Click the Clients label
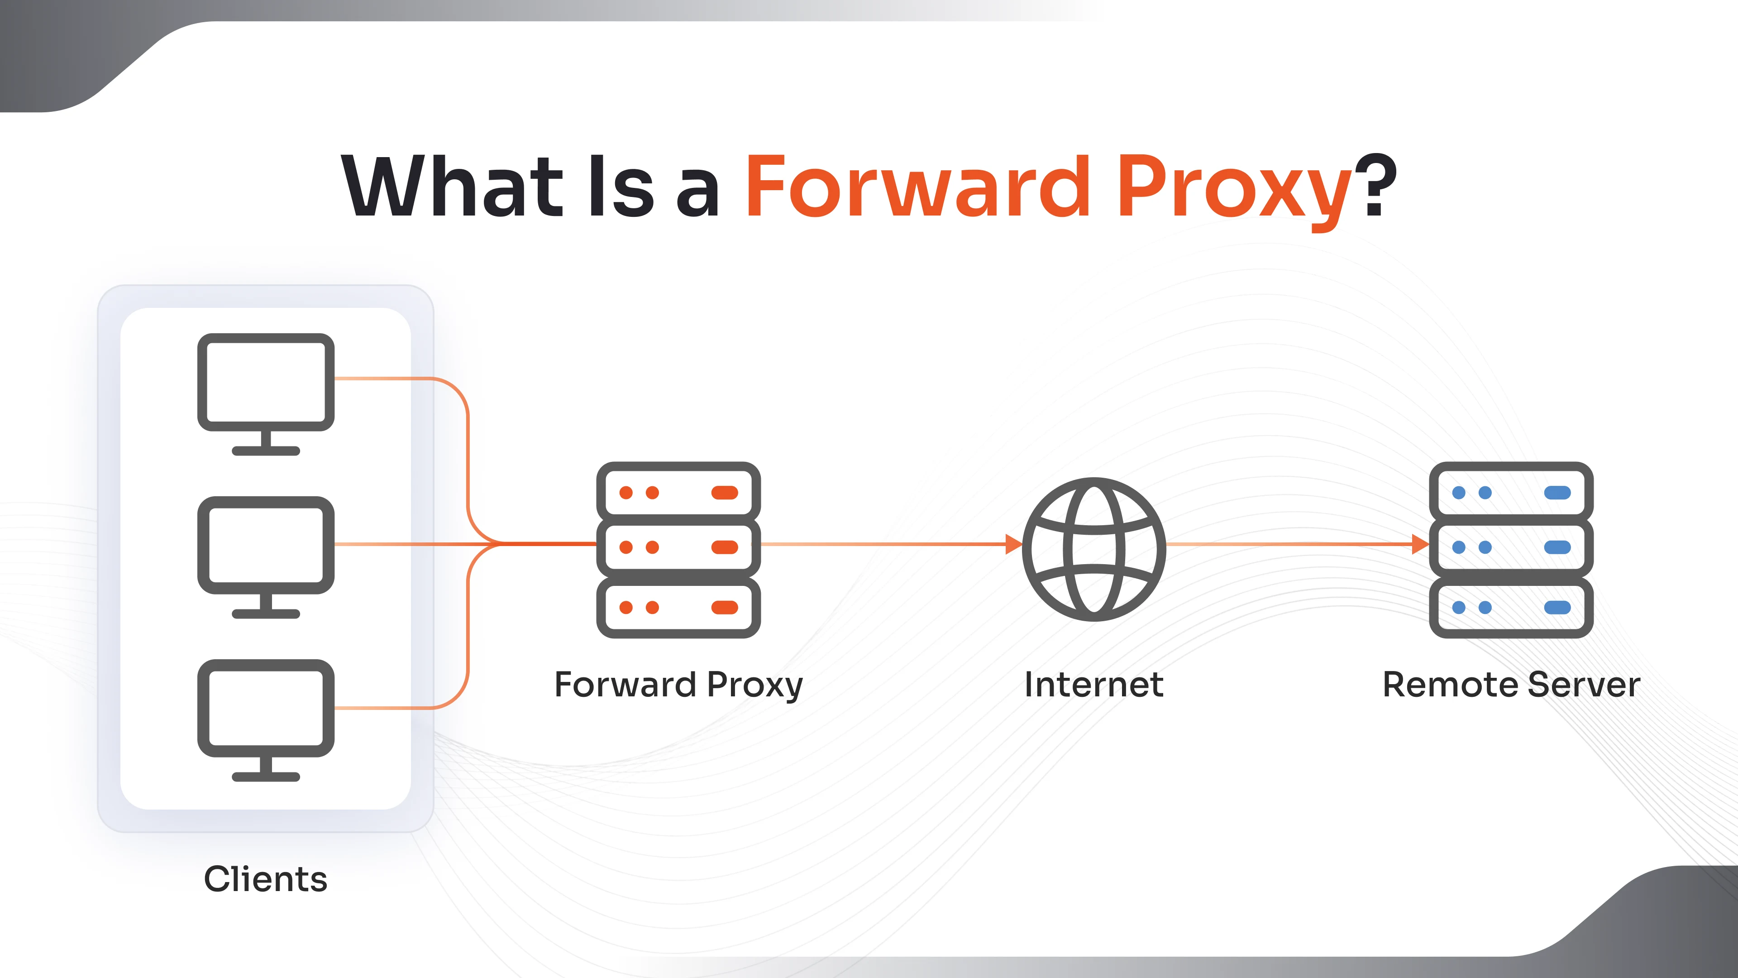click(266, 879)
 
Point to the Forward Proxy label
click(678, 685)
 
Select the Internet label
click(1093, 685)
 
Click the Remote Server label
click(1511, 685)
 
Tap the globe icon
click(1093, 549)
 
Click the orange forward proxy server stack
click(678, 549)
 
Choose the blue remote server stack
click(1511, 549)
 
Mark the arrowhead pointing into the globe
click(1013, 544)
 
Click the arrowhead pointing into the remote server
click(1420, 544)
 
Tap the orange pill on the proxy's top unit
click(725, 493)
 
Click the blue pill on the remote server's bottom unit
click(1557, 608)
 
